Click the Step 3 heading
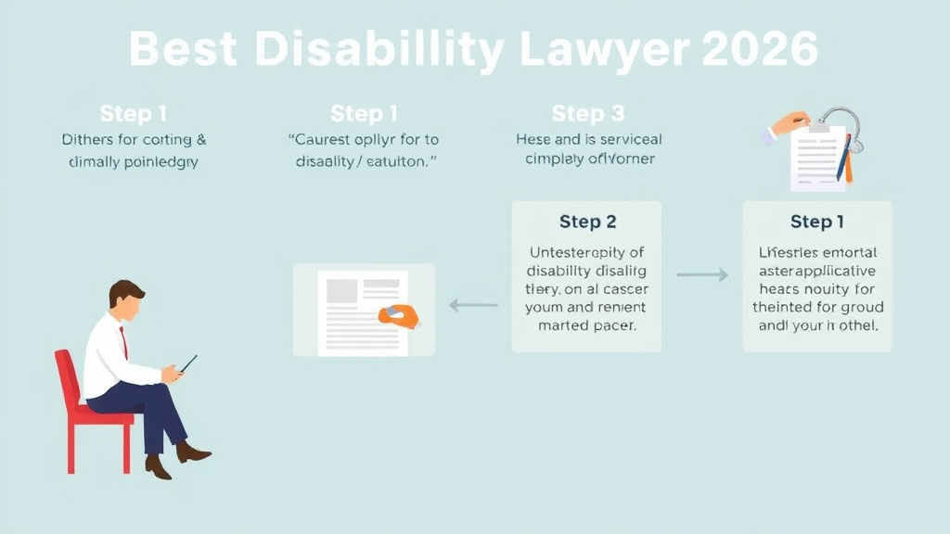click(588, 113)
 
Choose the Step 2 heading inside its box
click(587, 222)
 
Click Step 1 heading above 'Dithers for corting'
click(134, 113)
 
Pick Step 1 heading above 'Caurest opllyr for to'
click(364, 113)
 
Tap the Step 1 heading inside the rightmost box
click(817, 222)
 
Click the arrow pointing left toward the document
click(473, 304)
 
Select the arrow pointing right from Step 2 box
click(702, 275)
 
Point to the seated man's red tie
click(123, 343)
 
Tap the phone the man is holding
click(188, 363)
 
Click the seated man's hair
click(125, 292)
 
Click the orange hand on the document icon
click(398, 316)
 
